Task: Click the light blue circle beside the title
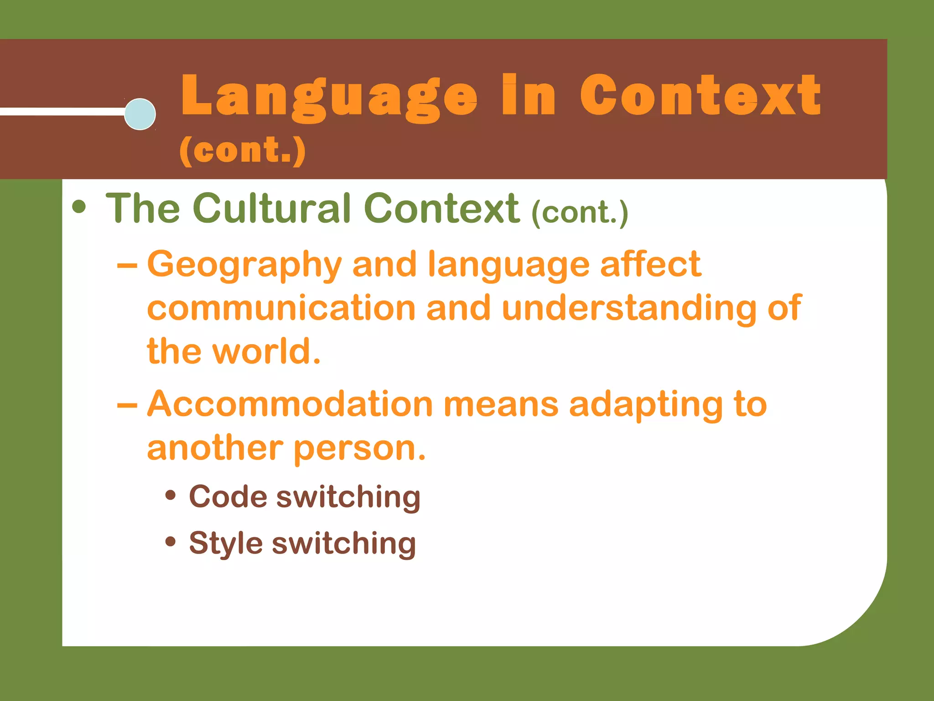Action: (x=140, y=114)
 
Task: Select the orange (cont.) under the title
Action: (x=242, y=150)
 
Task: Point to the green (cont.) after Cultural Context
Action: (x=580, y=213)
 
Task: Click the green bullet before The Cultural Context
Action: (x=79, y=207)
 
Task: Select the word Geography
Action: (x=244, y=265)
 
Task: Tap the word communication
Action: (x=281, y=308)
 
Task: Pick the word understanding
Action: (x=629, y=308)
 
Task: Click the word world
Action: (x=266, y=351)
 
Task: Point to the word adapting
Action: (x=646, y=405)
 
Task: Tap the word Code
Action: (x=228, y=496)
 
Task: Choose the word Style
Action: (x=226, y=543)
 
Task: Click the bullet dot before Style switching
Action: (x=171, y=542)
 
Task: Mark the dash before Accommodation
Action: (x=127, y=405)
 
